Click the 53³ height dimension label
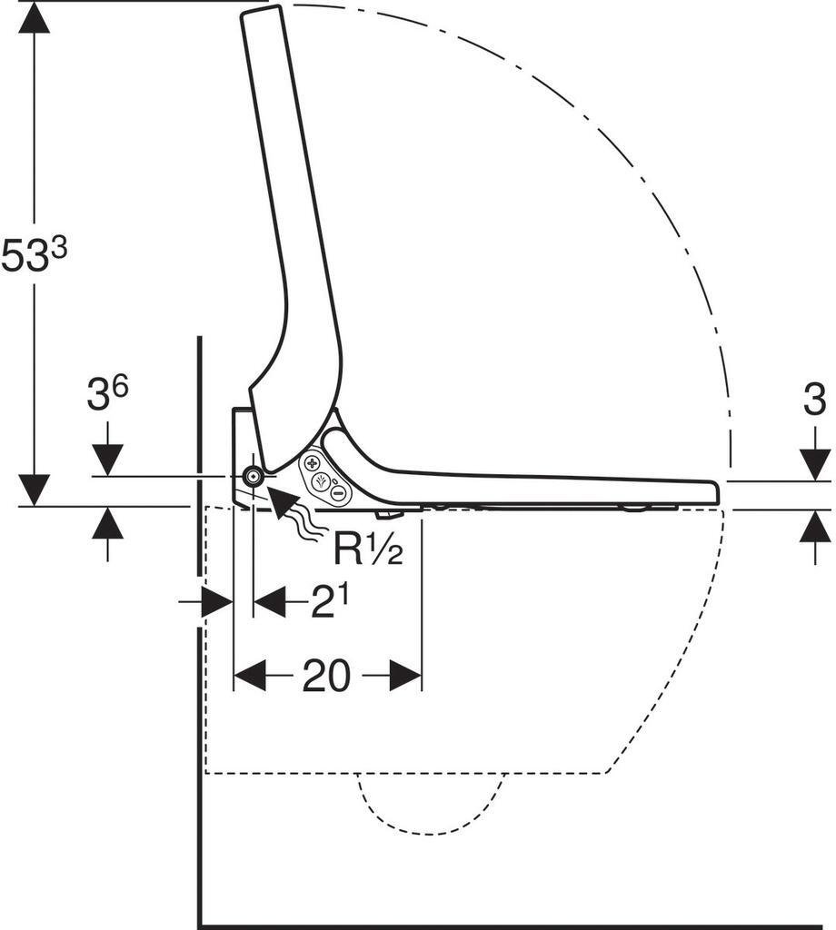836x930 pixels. (34, 255)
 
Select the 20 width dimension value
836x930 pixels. (326, 676)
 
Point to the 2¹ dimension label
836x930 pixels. (329, 603)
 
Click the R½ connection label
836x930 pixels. (368, 548)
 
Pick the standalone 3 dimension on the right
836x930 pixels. (814, 400)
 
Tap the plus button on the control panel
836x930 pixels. (312, 462)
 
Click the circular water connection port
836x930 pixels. (254, 476)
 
